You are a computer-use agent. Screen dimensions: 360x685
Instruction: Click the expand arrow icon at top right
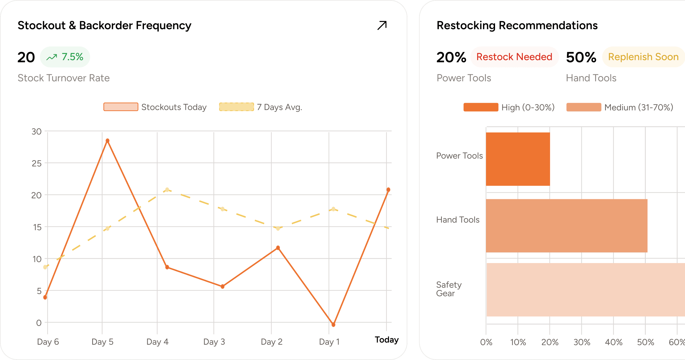point(382,25)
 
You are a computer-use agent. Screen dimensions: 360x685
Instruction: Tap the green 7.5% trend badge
point(65,57)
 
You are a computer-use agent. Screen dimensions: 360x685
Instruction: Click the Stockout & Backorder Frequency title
point(104,25)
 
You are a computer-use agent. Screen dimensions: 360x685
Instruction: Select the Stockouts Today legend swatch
point(121,107)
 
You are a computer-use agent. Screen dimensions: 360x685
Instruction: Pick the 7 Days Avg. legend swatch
point(236,107)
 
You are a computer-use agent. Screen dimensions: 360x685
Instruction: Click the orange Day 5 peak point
point(107,141)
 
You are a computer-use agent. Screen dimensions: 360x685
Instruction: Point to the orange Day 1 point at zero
point(333,324)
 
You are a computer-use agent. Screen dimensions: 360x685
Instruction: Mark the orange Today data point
point(388,190)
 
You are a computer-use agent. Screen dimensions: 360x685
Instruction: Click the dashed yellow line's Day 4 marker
point(167,190)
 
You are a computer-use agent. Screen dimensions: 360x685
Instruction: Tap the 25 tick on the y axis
point(37,163)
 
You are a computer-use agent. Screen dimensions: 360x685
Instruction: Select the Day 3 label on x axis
point(214,342)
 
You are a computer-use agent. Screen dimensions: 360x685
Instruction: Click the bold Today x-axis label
point(387,340)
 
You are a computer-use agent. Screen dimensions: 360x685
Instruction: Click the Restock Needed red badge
point(514,57)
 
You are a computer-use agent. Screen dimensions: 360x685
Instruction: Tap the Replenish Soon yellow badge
point(643,57)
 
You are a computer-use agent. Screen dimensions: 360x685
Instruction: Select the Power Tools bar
point(518,159)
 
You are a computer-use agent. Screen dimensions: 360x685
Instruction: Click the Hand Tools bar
point(566,226)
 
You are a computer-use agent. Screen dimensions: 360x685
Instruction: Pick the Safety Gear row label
point(449,289)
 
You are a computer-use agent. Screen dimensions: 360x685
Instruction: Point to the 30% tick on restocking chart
point(582,342)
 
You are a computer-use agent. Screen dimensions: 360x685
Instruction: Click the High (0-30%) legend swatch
point(481,107)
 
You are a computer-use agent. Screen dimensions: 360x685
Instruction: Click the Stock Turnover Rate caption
point(64,78)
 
